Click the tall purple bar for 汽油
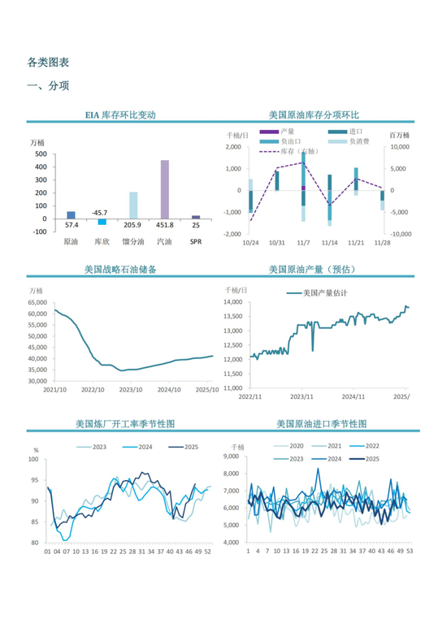click(x=164, y=188)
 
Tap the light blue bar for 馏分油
click(x=133, y=205)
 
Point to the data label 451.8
click(x=164, y=225)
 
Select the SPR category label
click(x=196, y=241)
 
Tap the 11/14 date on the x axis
click(x=329, y=242)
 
